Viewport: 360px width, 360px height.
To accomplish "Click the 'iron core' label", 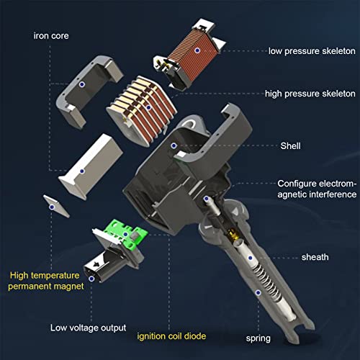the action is click(x=51, y=36).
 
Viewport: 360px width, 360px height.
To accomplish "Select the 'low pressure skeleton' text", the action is click(x=312, y=51).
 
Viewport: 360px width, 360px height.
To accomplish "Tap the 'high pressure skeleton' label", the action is click(x=310, y=94).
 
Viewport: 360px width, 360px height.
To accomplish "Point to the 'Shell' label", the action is click(x=290, y=145).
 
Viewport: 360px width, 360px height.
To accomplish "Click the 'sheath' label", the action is click(x=315, y=257).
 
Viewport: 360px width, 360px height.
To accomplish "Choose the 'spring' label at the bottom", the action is click(x=258, y=338).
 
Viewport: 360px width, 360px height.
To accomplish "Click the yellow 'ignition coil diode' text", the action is click(x=171, y=336).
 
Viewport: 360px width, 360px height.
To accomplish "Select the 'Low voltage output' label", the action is click(x=88, y=328).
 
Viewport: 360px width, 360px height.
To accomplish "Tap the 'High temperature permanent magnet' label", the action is click(x=45, y=281).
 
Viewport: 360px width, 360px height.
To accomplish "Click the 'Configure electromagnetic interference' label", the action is click(x=317, y=189).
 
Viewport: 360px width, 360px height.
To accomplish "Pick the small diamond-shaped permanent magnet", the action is click(x=56, y=206).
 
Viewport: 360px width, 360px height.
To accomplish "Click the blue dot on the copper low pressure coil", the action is click(x=197, y=50).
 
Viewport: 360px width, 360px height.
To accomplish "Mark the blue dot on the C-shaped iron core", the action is click(x=82, y=84).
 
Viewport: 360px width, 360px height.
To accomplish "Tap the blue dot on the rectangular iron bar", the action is click(x=82, y=171).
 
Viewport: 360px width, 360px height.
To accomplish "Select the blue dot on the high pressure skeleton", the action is click(x=148, y=107).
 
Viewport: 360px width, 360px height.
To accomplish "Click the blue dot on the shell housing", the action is click(x=174, y=145).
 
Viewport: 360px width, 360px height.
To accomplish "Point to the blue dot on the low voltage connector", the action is click(x=91, y=279).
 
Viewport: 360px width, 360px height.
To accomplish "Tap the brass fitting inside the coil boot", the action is click(x=233, y=234).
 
